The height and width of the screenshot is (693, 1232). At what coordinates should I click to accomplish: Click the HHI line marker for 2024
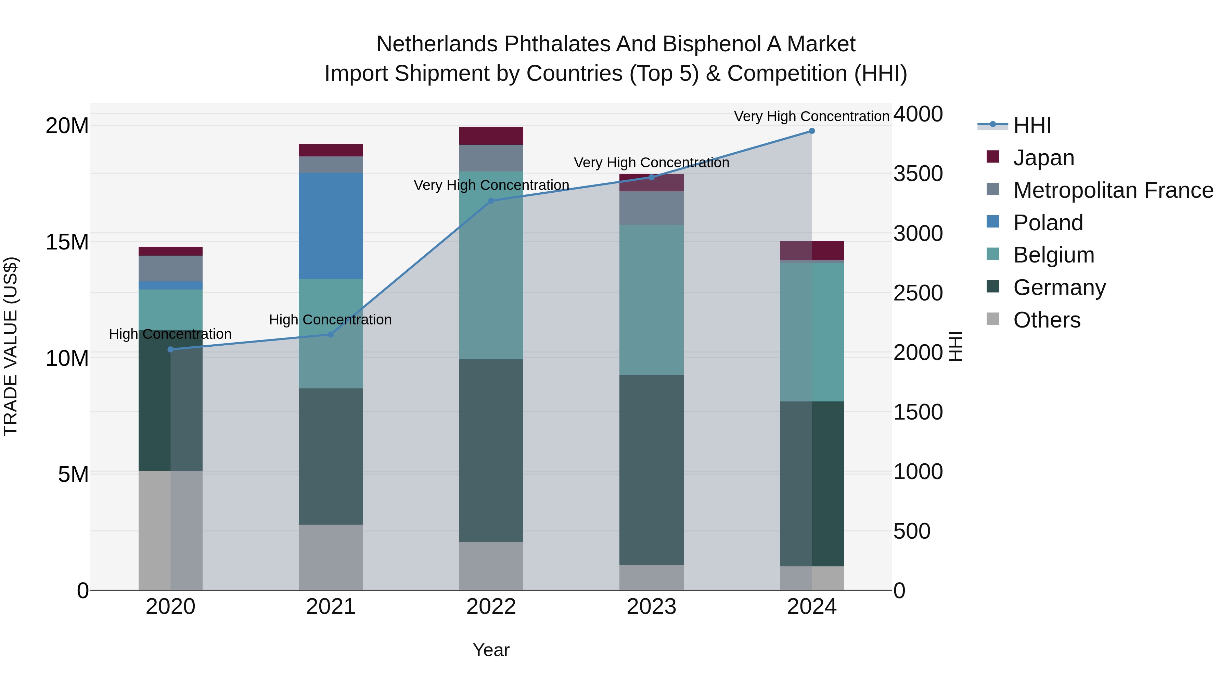(812, 131)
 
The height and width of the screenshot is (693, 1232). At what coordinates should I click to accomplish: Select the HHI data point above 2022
(491, 201)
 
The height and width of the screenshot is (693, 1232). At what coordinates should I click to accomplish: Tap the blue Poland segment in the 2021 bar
(331, 226)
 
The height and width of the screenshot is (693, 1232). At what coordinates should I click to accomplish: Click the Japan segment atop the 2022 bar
(491, 136)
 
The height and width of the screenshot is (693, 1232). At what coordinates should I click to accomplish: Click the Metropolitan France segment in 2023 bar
(651, 208)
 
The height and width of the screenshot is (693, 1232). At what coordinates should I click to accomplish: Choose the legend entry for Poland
(1048, 223)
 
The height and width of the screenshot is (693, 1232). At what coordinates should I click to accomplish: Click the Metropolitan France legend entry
(1113, 190)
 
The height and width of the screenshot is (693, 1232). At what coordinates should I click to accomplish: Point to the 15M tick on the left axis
(67, 242)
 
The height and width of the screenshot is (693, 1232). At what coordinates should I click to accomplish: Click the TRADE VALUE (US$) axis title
(11, 346)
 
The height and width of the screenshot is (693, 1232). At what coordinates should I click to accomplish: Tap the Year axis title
(491, 650)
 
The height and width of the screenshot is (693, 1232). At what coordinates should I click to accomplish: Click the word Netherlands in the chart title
(437, 44)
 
